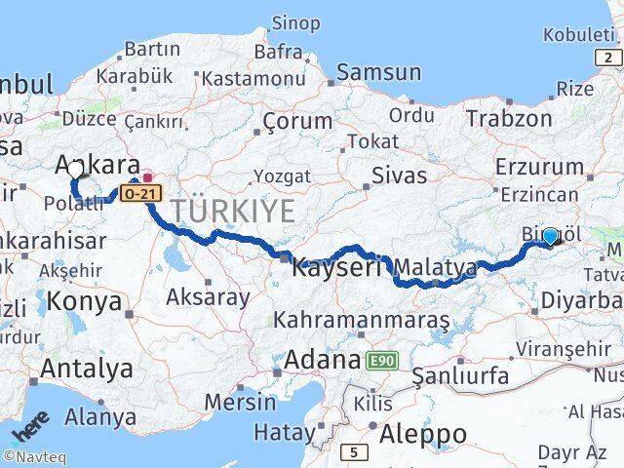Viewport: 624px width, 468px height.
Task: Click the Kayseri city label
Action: [340, 265]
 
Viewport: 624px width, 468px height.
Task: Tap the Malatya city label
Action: [435, 266]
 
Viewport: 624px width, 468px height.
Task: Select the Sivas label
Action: [400, 176]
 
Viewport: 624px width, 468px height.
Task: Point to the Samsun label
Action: [380, 72]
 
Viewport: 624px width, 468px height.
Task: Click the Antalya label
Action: [87, 369]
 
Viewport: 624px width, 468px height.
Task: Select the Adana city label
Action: [323, 360]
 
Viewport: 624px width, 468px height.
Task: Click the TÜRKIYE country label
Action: [233, 211]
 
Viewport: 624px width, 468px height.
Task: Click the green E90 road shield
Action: [382, 361]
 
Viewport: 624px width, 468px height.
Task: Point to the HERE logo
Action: [27, 430]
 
